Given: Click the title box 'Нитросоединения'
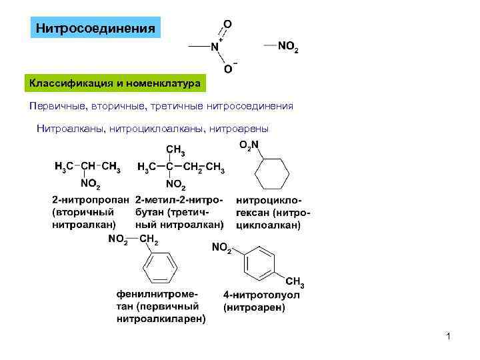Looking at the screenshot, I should (x=95, y=29).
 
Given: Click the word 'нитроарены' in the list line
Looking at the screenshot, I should (x=239, y=127).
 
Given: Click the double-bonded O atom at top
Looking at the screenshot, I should (x=228, y=24).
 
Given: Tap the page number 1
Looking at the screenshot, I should (x=449, y=337).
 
